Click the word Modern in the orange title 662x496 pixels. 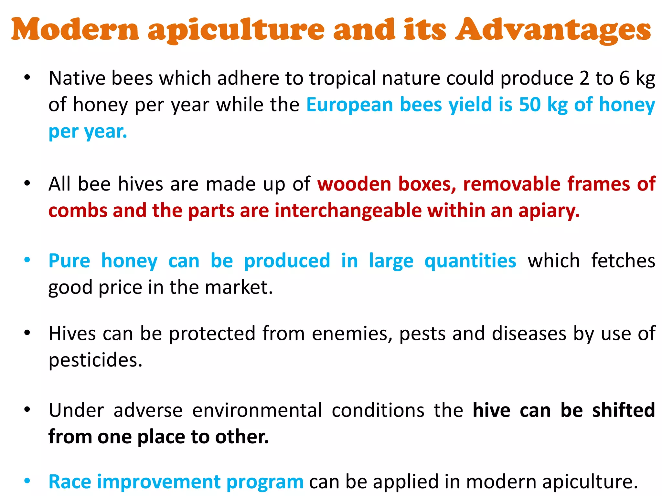click(x=75, y=30)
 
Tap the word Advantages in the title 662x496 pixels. click(x=553, y=30)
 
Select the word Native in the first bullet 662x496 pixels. click(x=77, y=78)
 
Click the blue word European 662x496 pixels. click(x=349, y=105)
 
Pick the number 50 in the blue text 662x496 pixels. click(x=530, y=105)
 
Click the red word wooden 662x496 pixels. click(x=354, y=184)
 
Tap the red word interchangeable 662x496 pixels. click(x=348, y=211)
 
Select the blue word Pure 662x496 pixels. click(x=69, y=261)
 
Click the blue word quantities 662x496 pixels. click(x=470, y=261)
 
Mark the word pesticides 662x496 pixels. click(x=95, y=360)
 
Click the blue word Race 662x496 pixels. click(x=70, y=482)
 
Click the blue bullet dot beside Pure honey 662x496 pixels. click(x=27, y=260)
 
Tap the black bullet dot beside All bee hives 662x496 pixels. click(x=27, y=183)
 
